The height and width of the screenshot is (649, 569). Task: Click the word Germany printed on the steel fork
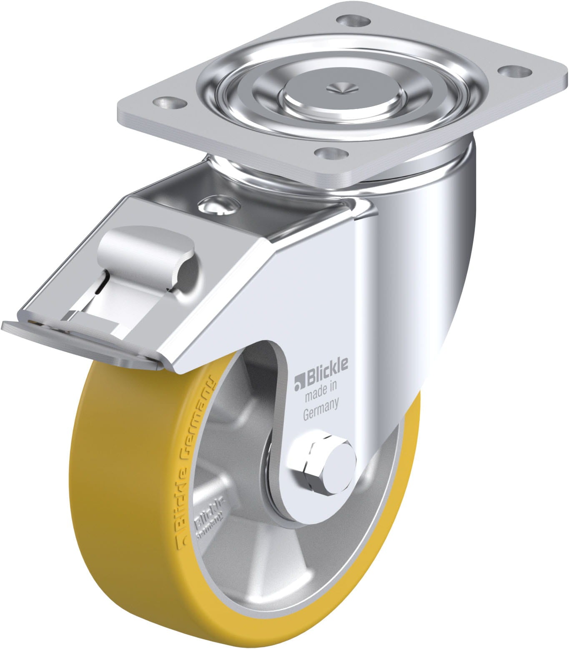(320, 404)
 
